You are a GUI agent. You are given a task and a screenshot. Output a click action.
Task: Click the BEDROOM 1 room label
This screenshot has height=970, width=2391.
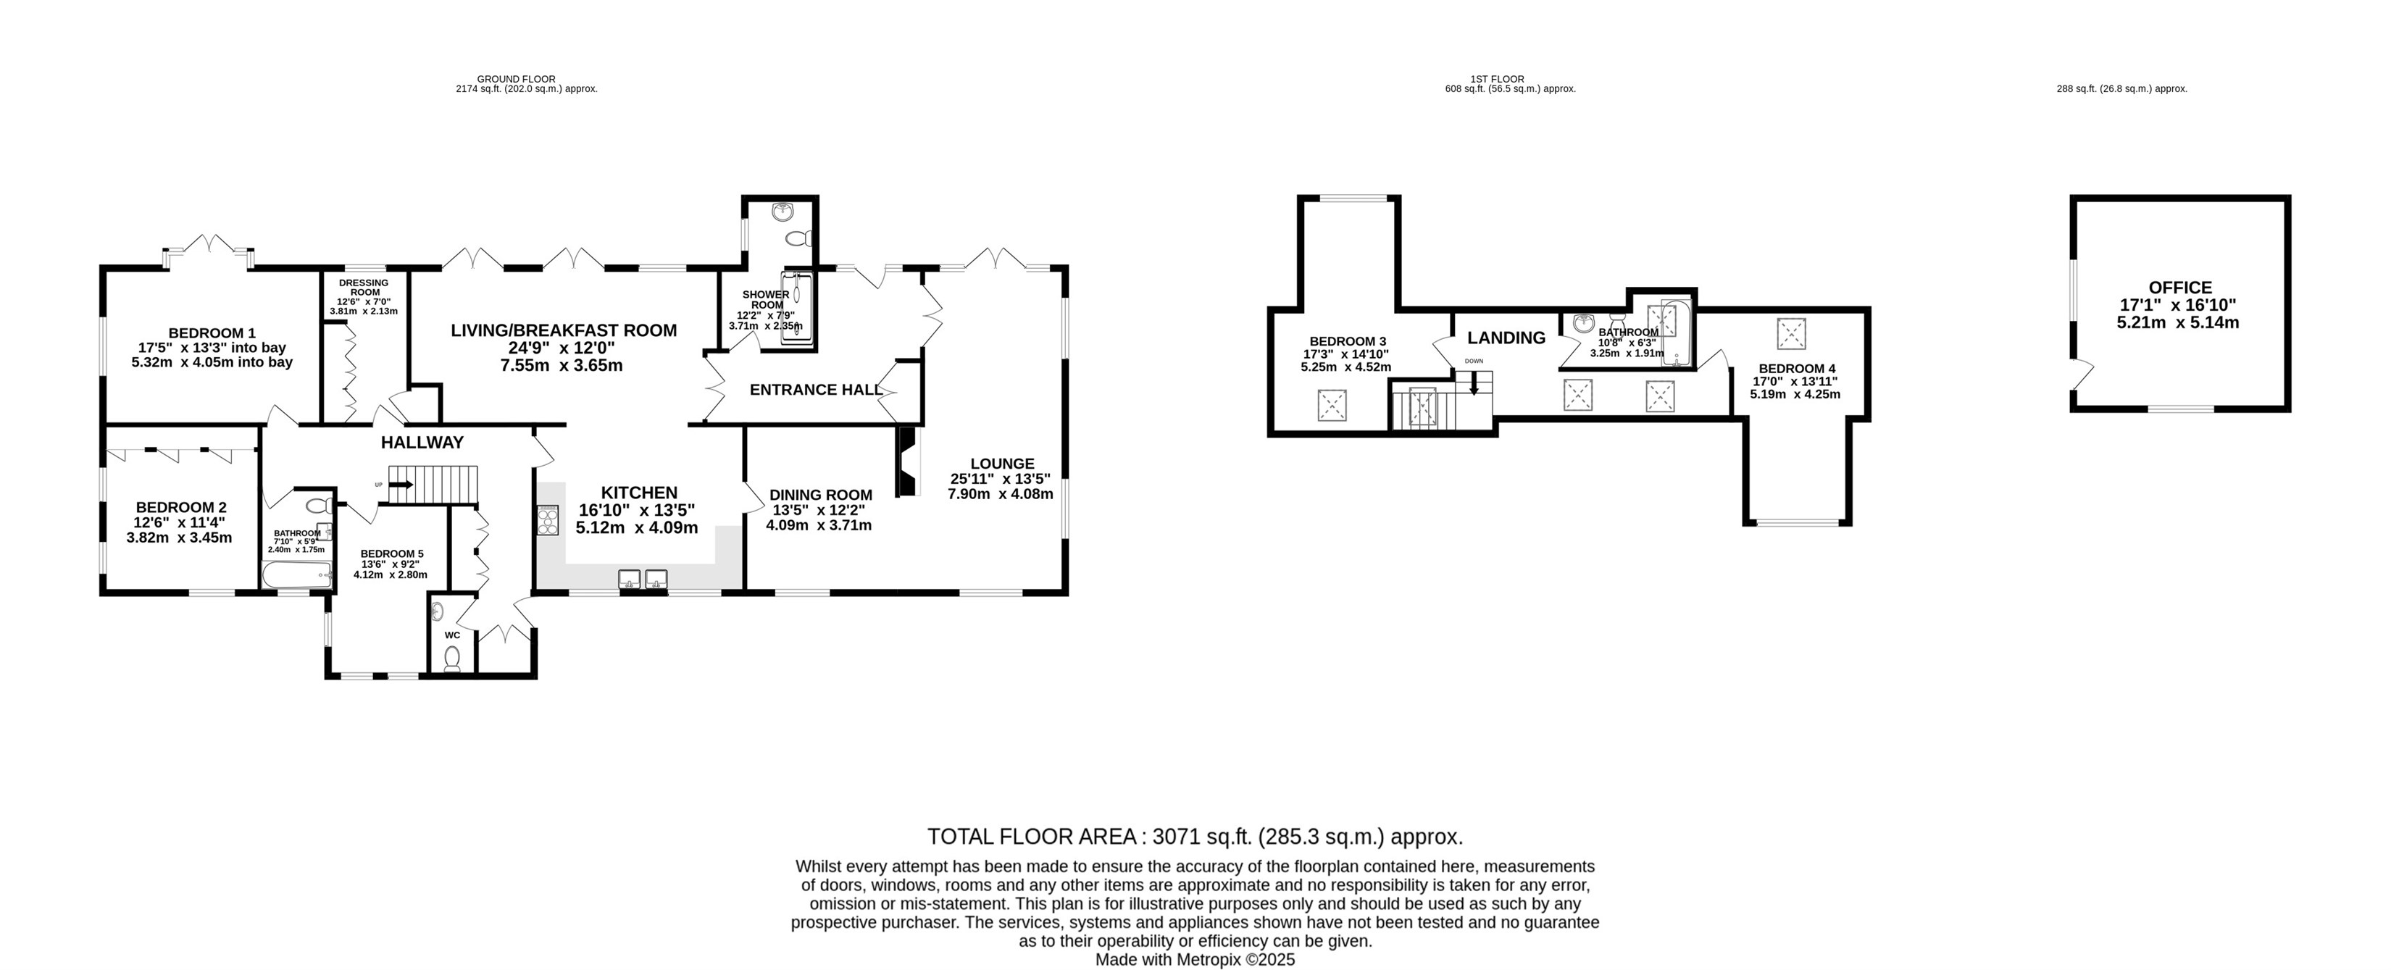pos(212,333)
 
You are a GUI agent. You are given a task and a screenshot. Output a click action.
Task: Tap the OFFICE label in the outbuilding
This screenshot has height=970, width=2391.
pos(2179,288)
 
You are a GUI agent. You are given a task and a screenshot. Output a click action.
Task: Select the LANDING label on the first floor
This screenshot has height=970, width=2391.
pos(1506,338)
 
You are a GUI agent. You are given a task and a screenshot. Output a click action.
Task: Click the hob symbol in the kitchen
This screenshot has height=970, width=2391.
pos(548,520)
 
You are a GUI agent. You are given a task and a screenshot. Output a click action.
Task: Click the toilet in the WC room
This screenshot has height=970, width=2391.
pos(452,658)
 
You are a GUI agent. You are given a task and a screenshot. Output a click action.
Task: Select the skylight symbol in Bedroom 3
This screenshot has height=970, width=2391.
pos(1332,406)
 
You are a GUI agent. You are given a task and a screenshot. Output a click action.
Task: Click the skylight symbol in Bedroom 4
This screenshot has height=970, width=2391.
pos(1791,333)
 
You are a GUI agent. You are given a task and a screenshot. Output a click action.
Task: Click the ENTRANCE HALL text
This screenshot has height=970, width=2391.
pos(816,390)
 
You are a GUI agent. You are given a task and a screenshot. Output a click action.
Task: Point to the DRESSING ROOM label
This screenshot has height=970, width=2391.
pos(364,287)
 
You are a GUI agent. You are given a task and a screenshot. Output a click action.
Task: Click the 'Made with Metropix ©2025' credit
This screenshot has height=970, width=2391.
pos(1195,960)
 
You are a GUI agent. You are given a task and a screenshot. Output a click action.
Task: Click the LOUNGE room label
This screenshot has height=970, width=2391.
pos(1003,463)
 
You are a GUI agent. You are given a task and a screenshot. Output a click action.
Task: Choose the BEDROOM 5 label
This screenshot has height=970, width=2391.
pos(392,553)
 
